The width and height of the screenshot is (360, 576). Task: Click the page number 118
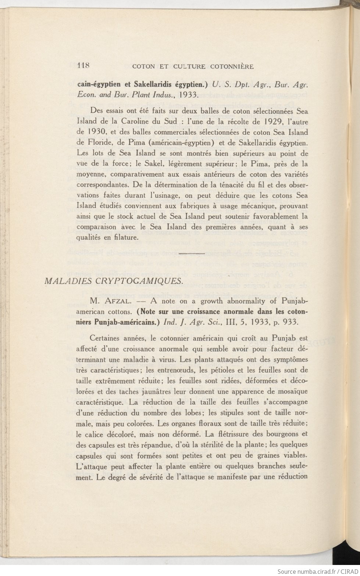pos(84,66)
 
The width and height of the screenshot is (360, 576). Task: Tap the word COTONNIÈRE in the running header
pos(232,67)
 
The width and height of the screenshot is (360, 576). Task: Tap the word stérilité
pos(217,444)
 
